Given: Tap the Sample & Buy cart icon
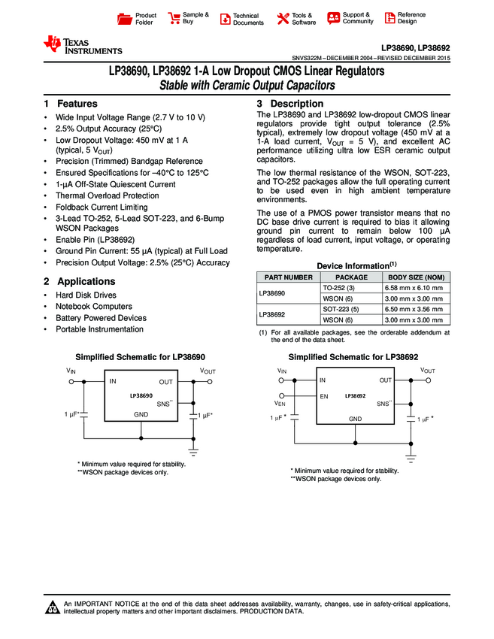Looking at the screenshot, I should [x=174, y=18].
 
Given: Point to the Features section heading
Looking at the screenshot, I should [x=71, y=104].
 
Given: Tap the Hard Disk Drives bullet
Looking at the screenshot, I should [x=86, y=295].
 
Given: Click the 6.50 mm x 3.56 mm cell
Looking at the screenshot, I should [x=412, y=309].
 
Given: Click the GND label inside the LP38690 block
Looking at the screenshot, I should [x=141, y=414].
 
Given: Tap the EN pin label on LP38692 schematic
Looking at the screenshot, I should [x=324, y=395].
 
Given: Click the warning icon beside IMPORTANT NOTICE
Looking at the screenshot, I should [x=53, y=607].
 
